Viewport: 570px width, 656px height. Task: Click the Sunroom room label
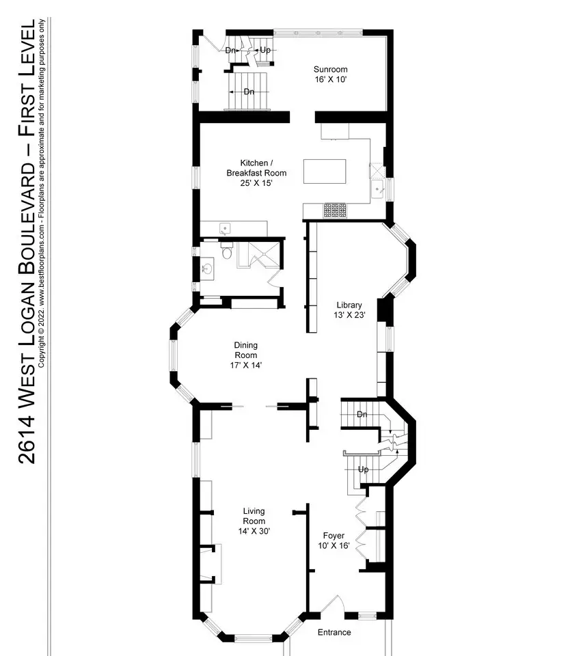coord(331,70)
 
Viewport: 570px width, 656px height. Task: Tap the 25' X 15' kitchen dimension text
coord(256,183)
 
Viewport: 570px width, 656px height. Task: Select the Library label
coord(349,305)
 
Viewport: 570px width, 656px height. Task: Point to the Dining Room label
coord(245,350)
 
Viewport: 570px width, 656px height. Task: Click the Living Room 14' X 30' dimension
coord(254,532)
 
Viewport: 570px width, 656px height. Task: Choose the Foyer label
coord(334,536)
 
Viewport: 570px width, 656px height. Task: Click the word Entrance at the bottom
coord(334,632)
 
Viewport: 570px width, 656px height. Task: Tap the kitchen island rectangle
coord(325,171)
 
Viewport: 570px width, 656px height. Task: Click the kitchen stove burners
coord(335,210)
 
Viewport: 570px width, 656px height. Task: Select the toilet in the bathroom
coord(227,251)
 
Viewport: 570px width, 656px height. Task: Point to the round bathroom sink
coord(207,268)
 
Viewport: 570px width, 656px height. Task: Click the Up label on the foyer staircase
coord(364,469)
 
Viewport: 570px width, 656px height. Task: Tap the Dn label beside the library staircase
coord(362,414)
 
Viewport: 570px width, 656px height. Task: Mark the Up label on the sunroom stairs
coord(265,50)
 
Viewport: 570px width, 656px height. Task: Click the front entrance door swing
coord(334,604)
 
